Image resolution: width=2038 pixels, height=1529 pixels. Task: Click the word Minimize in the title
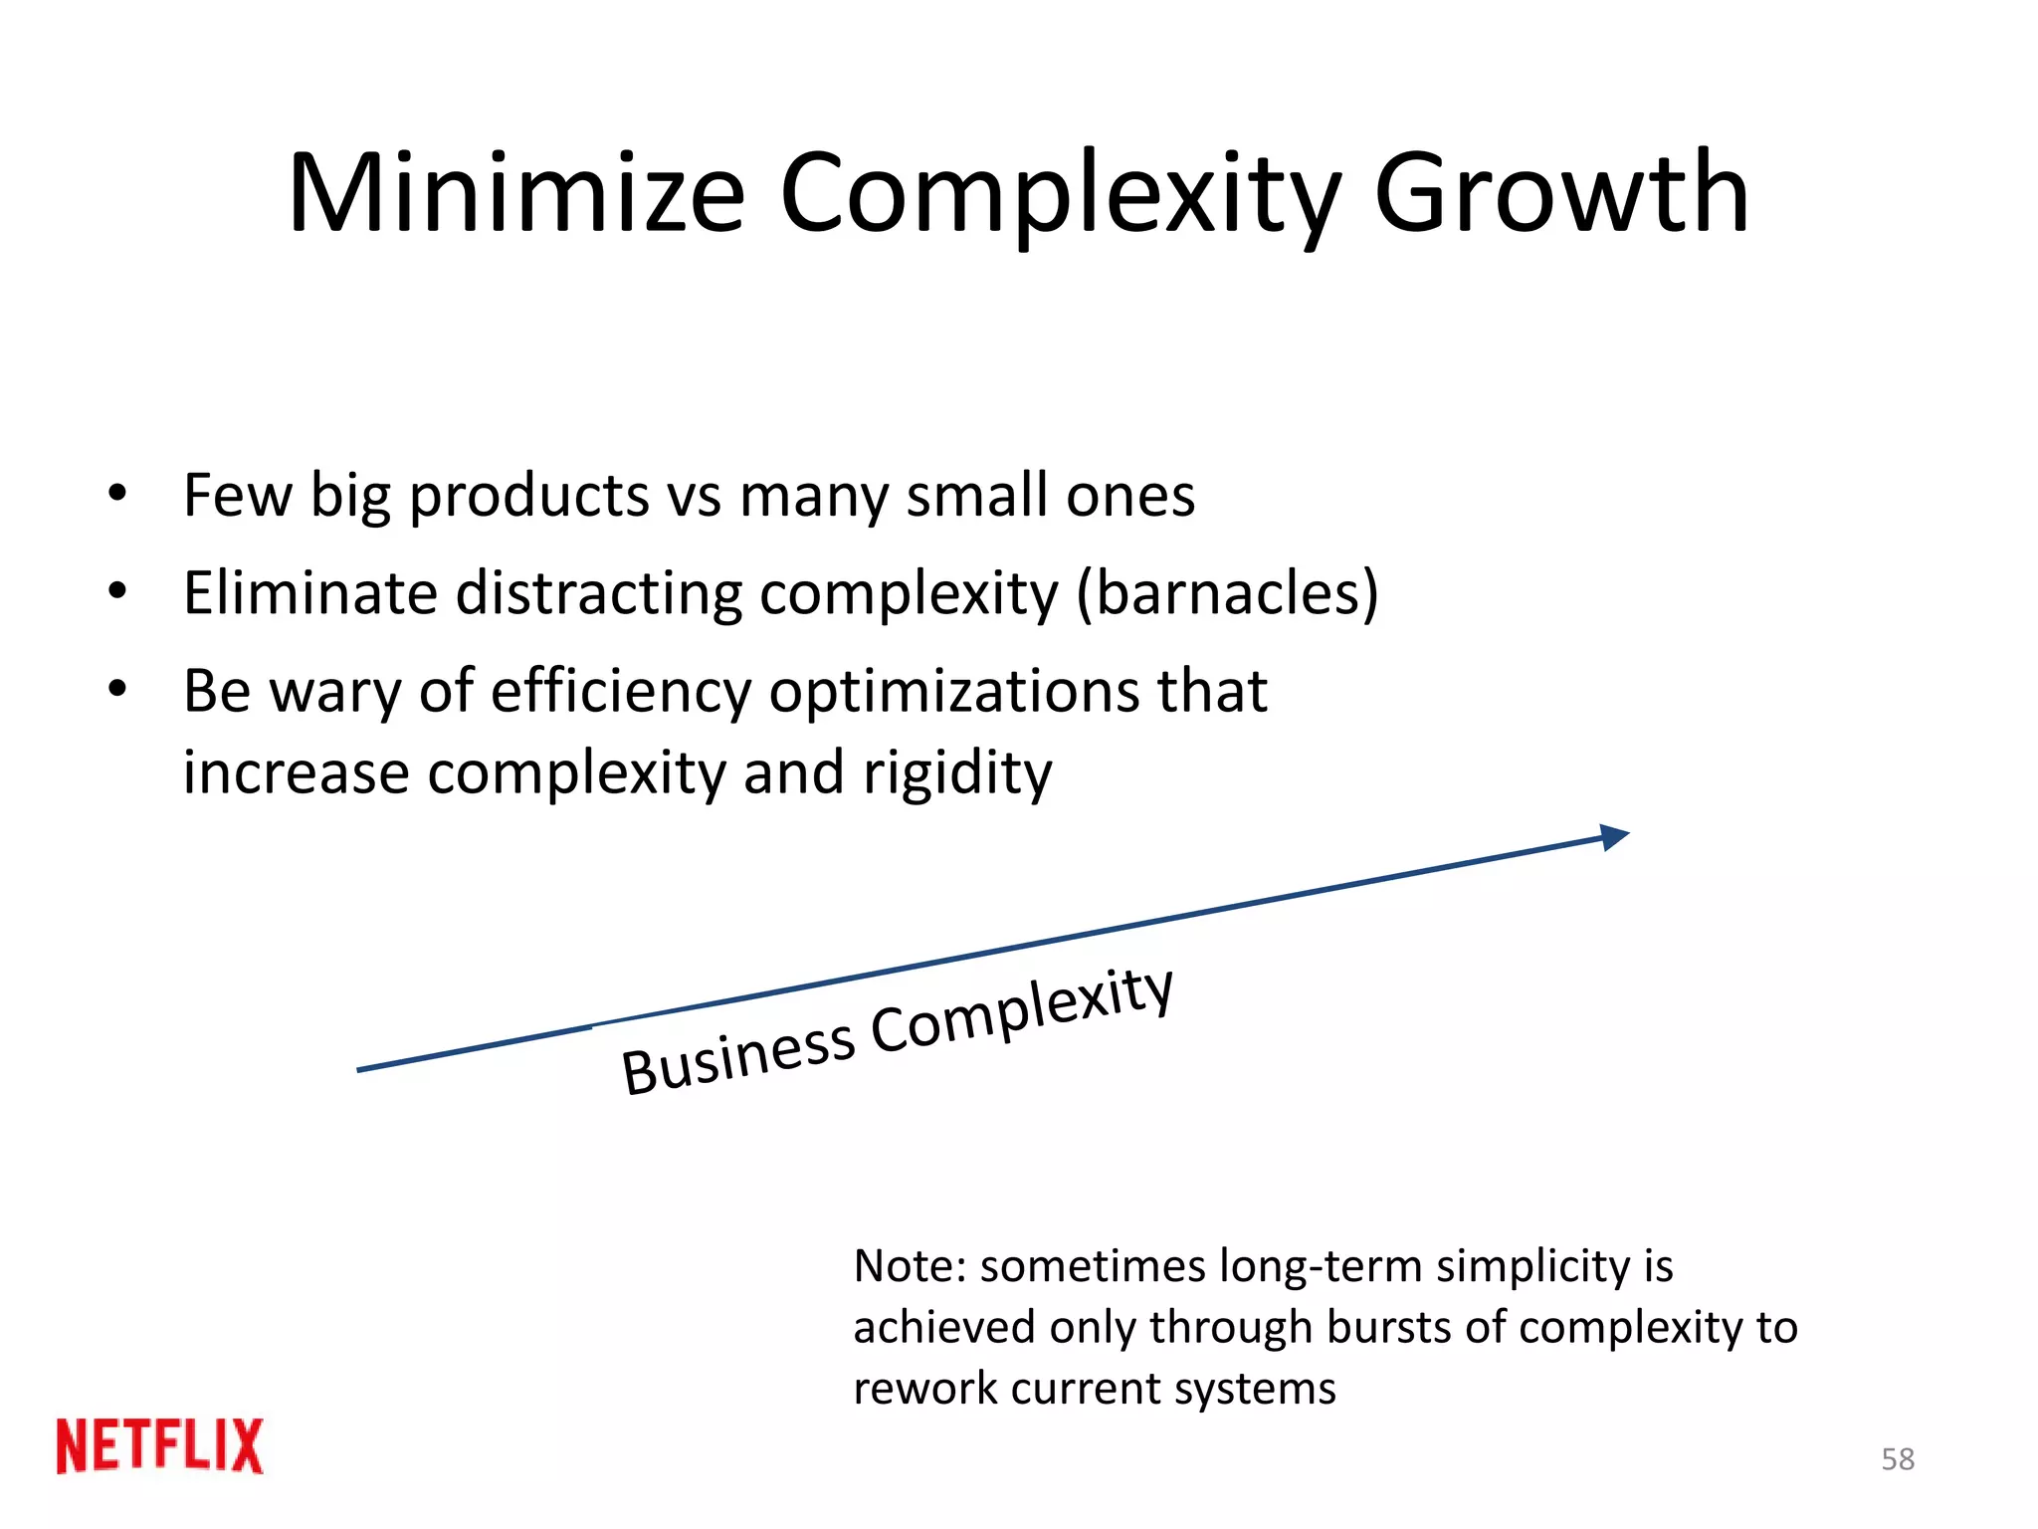(516, 193)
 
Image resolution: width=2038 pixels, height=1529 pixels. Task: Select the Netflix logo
(160, 1445)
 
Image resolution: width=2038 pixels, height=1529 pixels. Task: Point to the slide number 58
(1898, 1459)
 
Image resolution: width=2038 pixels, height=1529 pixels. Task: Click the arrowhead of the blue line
(1613, 837)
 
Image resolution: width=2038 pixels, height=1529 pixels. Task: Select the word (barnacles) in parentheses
(1228, 593)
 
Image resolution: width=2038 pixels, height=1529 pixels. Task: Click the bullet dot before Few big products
(118, 494)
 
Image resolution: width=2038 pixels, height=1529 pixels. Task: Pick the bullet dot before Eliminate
(118, 591)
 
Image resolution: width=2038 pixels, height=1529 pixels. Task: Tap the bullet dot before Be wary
(118, 689)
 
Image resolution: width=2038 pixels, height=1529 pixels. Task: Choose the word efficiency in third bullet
(621, 693)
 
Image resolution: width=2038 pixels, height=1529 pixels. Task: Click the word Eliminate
(310, 593)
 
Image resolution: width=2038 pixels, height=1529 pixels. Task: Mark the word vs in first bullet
(695, 496)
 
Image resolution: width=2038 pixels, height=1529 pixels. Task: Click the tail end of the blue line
(360, 1070)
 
